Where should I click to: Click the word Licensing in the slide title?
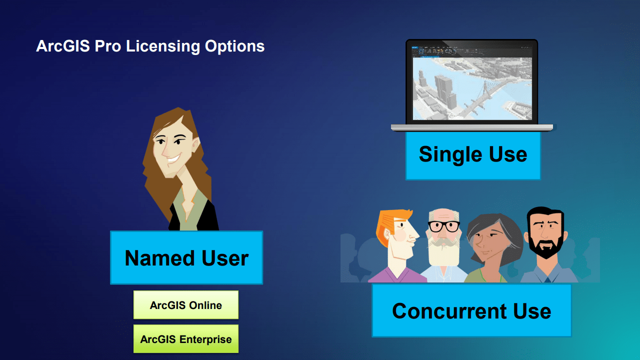point(163,46)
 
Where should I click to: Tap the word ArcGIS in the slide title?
point(63,46)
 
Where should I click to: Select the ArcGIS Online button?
point(186,305)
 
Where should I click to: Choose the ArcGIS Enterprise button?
point(186,339)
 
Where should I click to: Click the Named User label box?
point(186,257)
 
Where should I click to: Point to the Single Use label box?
point(473,155)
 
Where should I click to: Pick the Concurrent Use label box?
point(471,310)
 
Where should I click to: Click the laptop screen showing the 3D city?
point(472,88)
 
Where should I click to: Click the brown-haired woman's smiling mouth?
point(173,158)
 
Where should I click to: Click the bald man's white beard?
point(443,251)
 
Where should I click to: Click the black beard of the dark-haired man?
point(545,245)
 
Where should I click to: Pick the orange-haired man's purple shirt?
point(397,275)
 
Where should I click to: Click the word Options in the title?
point(234,46)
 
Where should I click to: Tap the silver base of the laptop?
point(472,127)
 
